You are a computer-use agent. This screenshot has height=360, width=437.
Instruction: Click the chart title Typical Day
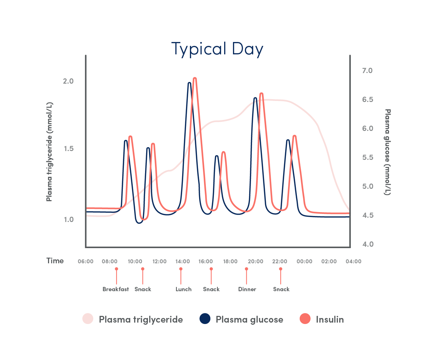click(217, 49)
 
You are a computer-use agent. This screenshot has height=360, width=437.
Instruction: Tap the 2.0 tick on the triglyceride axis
click(68, 81)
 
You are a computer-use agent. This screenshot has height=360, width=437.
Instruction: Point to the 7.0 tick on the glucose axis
click(367, 71)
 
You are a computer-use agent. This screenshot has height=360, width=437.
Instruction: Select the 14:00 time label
click(182, 262)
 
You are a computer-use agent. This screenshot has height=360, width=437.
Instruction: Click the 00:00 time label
click(304, 262)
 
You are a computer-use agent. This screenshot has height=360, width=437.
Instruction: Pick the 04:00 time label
click(353, 262)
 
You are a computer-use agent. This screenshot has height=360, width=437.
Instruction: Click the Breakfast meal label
click(115, 289)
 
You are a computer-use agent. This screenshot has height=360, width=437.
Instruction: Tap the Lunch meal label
click(183, 289)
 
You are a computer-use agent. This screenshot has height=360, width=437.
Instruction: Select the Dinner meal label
click(247, 289)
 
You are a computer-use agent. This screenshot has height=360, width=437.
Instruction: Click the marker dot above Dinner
click(246, 269)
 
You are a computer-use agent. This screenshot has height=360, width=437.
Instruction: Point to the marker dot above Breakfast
click(116, 269)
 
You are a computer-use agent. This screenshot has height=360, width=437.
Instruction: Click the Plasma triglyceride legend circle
click(88, 319)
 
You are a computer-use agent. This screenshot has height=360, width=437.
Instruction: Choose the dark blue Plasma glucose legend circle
click(205, 319)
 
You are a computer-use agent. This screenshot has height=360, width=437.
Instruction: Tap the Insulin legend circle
click(305, 319)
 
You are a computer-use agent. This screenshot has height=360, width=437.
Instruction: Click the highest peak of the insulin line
click(194, 79)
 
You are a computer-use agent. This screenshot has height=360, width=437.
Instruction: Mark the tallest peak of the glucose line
click(190, 83)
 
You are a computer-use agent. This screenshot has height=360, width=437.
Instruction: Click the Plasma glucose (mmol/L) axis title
click(388, 152)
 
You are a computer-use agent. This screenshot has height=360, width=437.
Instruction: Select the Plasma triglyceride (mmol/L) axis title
click(49, 152)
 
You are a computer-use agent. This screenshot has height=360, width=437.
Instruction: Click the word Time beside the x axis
click(55, 261)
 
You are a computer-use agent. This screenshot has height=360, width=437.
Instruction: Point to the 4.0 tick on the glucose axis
click(367, 244)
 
